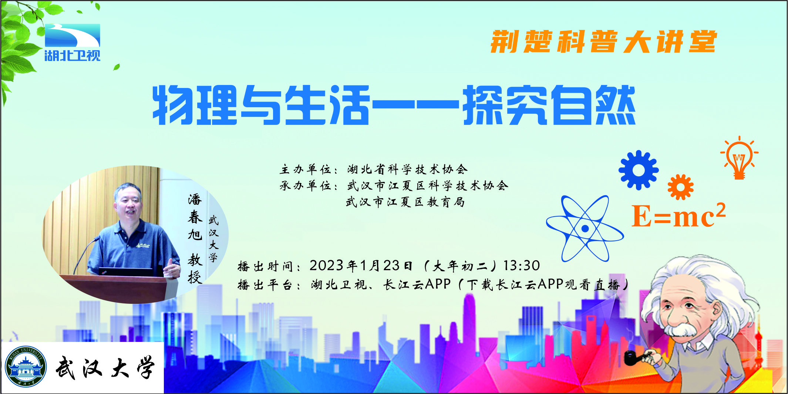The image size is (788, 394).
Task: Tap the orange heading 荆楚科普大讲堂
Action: coord(604,42)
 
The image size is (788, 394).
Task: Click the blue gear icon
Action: coord(639,170)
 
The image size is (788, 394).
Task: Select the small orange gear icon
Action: coord(681,187)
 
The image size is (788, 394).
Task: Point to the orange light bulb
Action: coord(739,158)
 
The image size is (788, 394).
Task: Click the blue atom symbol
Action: coord(585,228)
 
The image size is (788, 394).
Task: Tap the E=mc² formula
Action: coord(678,215)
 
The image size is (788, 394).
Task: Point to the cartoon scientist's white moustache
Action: coord(680,329)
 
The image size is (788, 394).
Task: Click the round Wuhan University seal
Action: coord(26,367)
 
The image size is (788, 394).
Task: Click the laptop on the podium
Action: coord(126,272)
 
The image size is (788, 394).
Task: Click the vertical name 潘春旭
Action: coord(195,217)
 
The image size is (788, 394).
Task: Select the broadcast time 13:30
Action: coord(522,265)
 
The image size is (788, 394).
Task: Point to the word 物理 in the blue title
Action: coord(195,105)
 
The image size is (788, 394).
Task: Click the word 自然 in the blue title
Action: coord(593,105)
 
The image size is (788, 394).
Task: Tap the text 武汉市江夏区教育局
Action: coord(405,202)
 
